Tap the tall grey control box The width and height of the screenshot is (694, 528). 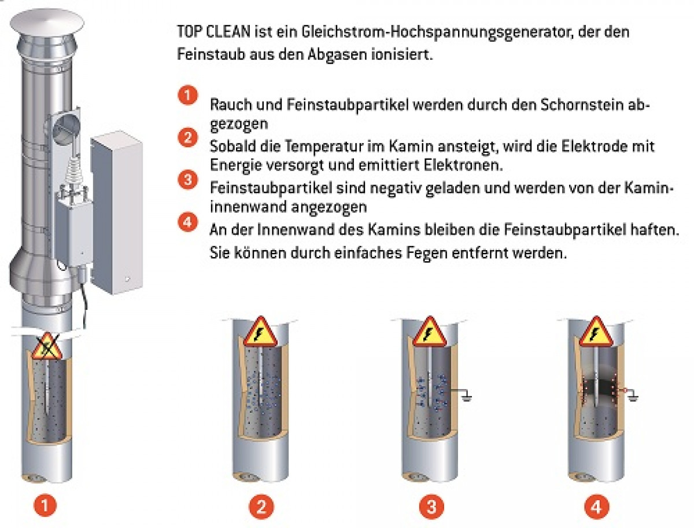(116, 212)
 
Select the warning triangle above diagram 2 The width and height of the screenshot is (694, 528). (260, 332)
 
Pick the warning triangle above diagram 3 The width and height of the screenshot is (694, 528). (430, 332)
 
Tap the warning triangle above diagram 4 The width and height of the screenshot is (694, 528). (596, 332)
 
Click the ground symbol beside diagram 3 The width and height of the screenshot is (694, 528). (466, 397)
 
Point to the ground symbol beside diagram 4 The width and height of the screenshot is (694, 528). (633, 397)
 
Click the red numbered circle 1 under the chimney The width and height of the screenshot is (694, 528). (45, 505)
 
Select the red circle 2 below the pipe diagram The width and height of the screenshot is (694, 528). (261, 507)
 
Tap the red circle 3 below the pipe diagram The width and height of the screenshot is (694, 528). (431, 507)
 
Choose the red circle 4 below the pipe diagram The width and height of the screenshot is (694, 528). (596, 507)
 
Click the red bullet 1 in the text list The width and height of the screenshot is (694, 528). (188, 95)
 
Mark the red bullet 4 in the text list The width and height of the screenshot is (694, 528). (188, 222)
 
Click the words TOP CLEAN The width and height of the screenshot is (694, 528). (214, 32)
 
